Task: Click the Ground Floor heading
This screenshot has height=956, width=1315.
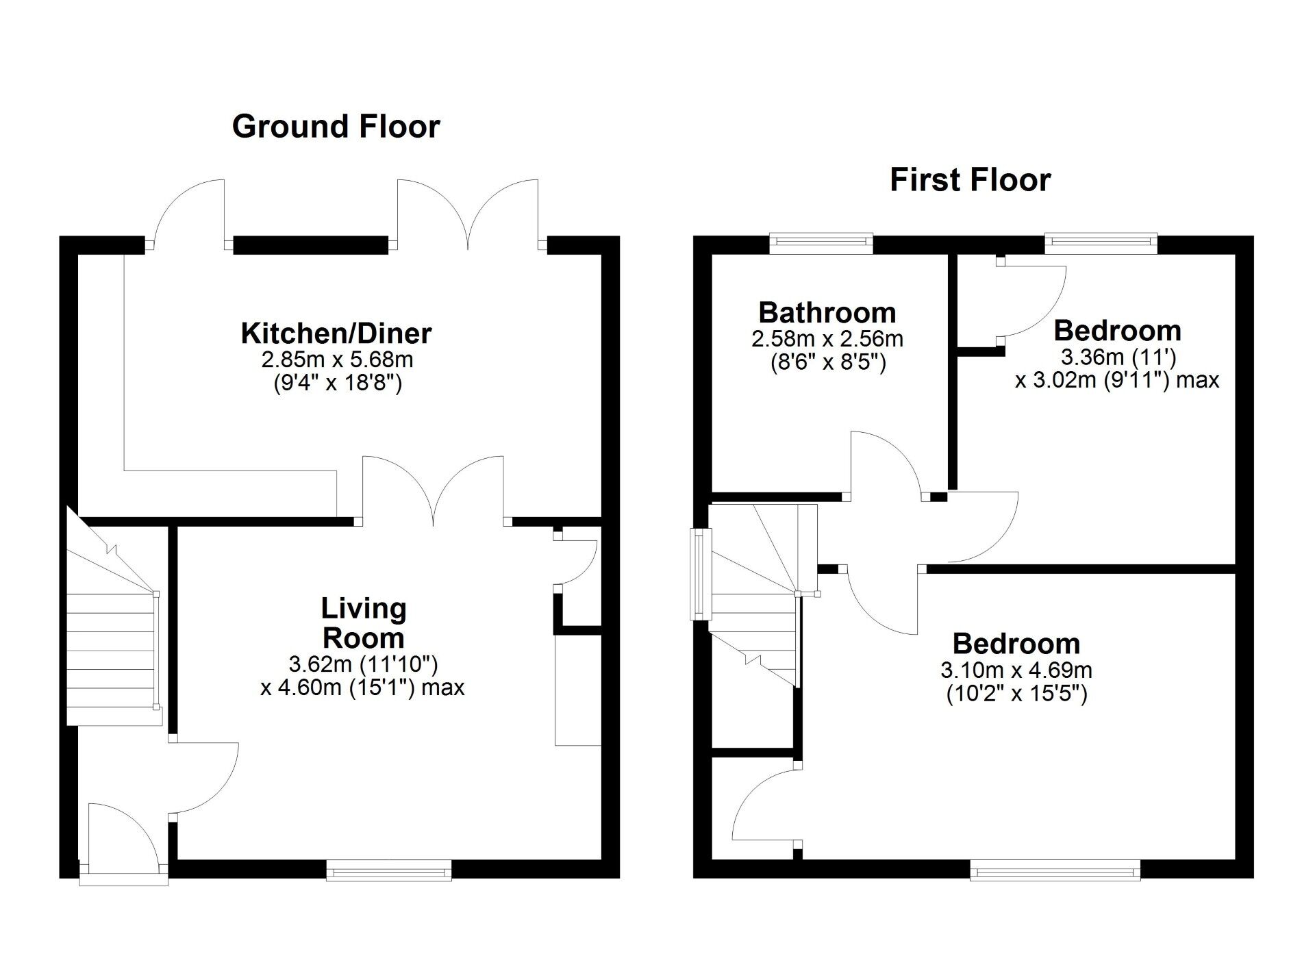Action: (x=336, y=127)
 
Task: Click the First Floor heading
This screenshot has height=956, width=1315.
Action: (x=970, y=180)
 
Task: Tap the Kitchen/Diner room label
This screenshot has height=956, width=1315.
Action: (x=336, y=334)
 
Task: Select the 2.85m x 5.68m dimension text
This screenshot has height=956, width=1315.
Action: (x=336, y=359)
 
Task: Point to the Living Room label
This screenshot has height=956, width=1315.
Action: (x=364, y=622)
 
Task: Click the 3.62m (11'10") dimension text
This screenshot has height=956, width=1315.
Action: (x=363, y=664)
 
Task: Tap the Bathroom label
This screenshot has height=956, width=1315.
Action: (x=827, y=312)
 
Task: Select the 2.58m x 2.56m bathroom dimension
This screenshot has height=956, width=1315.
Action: (x=827, y=338)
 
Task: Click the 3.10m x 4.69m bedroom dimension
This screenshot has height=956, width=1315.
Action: (x=1016, y=670)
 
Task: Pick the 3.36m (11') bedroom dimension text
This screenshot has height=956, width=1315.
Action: (x=1118, y=357)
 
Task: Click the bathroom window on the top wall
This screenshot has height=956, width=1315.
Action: (x=821, y=243)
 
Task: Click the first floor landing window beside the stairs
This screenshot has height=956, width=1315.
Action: (x=700, y=574)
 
